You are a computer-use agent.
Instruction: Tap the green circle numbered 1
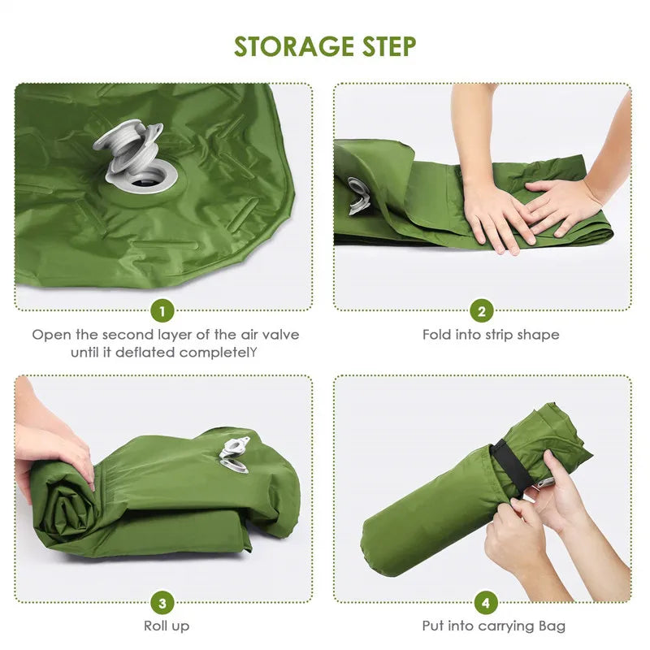tap(163, 311)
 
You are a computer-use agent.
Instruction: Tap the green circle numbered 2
tap(482, 311)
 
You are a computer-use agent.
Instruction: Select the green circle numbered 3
tap(163, 603)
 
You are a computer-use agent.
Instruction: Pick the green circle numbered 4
tap(485, 603)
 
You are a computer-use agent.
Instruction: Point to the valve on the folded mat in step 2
tap(358, 196)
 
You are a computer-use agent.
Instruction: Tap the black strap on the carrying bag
tap(508, 466)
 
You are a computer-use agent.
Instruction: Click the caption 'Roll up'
tap(167, 626)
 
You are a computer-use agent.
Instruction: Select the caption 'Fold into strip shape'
tap(490, 335)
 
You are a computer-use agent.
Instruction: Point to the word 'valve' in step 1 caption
tap(279, 335)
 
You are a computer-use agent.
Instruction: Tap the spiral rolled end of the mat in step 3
tap(62, 504)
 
